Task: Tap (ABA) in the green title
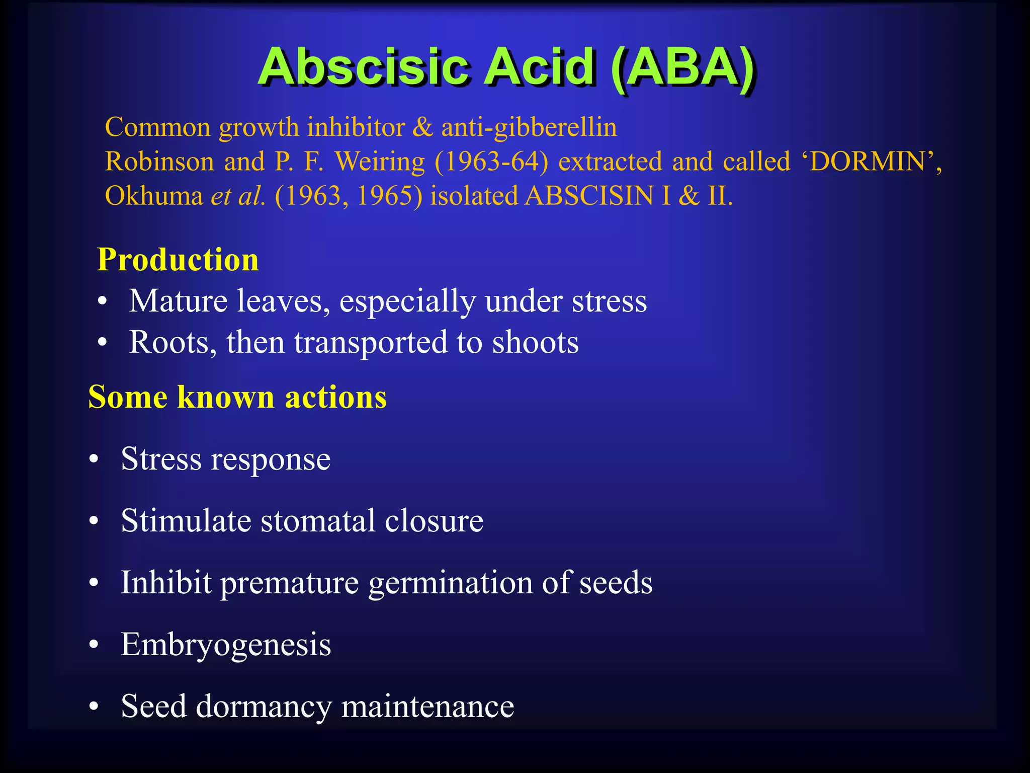point(683,68)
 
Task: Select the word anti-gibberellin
point(529,127)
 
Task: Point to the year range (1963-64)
point(491,162)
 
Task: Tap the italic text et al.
point(237,196)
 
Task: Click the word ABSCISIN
point(589,196)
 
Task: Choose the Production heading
point(178,260)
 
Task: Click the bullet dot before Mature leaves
point(103,302)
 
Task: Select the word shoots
point(535,342)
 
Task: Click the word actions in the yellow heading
point(335,397)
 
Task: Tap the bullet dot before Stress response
point(94,460)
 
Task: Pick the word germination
point(450,583)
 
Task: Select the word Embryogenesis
point(226,644)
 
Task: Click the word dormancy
point(264,706)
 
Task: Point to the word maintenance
point(427,706)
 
